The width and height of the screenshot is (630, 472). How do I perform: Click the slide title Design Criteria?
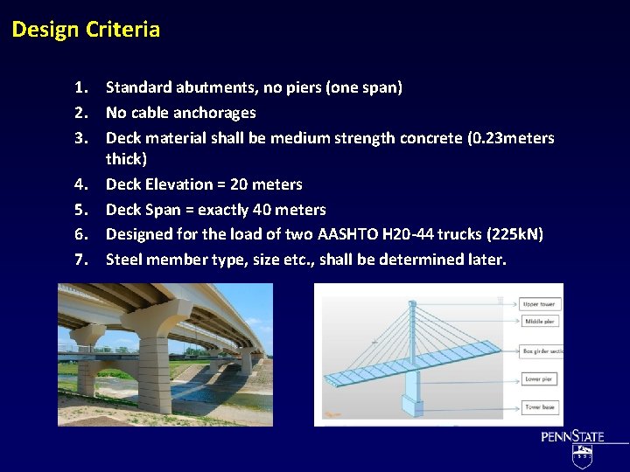[86, 30]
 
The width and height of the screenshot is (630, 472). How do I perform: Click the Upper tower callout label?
[539, 304]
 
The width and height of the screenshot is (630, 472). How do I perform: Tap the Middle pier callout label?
[538, 322]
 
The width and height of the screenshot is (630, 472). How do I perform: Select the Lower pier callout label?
[538, 379]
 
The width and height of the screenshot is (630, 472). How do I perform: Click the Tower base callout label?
[539, 407]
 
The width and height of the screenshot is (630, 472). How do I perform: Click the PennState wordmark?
[572, 437]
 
